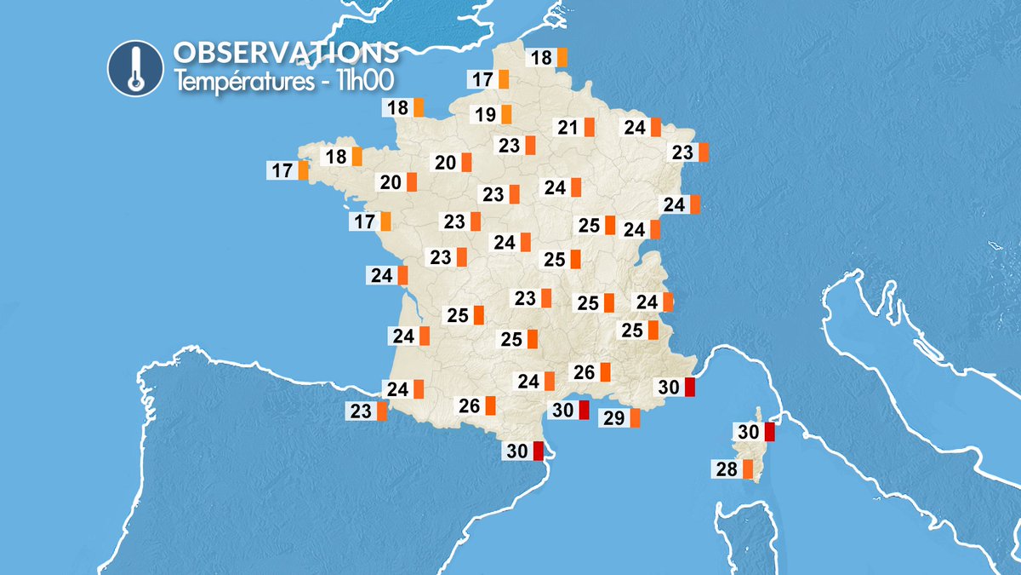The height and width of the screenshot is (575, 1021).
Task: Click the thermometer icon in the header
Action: tap(134, 67)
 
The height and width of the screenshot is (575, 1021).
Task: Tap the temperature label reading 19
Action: tap(485, 114)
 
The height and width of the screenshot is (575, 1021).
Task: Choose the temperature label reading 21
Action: tap(568, 128)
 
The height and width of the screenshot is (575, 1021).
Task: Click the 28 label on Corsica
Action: tap(727, 469)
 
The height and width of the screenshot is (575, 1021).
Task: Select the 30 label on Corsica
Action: tap(749, 432)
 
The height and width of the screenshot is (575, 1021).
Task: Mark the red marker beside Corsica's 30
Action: tap(769, 432)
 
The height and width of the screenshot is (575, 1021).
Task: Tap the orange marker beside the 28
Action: tap(748, 469)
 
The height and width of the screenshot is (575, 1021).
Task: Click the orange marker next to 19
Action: tap(506, 114)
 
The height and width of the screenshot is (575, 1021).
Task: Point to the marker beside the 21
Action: tap(590, 128)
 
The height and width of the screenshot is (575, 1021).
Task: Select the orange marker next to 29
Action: tap(634, 417)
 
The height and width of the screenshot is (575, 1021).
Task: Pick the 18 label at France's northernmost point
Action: tap(541, 58)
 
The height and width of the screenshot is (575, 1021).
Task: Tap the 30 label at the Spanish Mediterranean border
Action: tap(517, 451)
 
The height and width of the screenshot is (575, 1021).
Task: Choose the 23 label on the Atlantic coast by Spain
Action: tap(361, 411)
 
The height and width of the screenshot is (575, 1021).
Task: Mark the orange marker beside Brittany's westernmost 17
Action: tap(304, 170)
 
